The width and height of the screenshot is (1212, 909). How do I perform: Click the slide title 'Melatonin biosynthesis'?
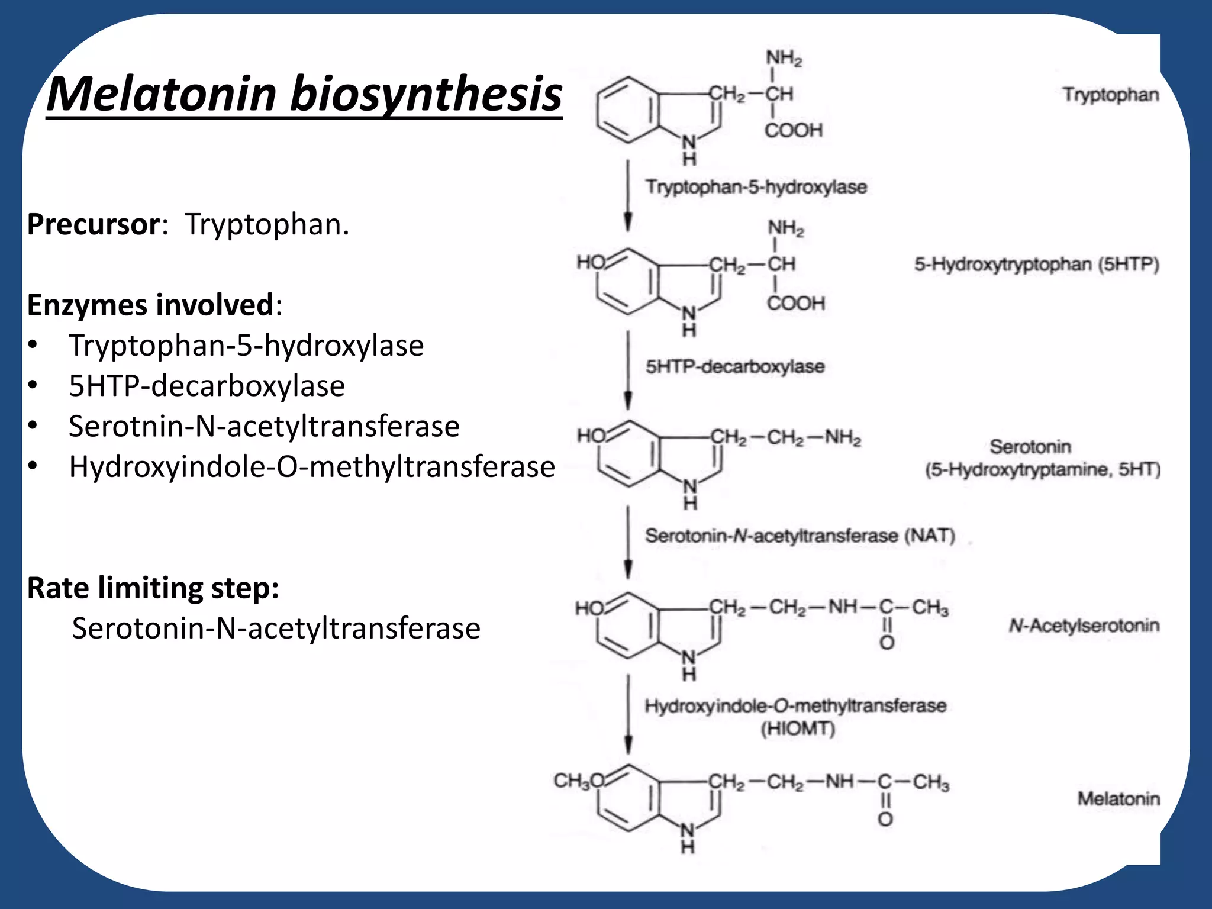pos(304,94)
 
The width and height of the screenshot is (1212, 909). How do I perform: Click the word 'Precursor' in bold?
pos(93,225)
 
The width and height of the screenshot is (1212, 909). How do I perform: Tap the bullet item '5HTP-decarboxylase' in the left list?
pos(207,386)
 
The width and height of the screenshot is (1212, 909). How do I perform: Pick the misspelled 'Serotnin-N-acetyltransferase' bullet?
pos(264,427)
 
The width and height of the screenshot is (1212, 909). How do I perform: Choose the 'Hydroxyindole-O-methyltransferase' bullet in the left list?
pos(312,467)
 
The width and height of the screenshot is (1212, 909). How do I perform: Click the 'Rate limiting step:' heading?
pos(153,588)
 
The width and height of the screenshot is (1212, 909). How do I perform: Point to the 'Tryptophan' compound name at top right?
pos(1110,95)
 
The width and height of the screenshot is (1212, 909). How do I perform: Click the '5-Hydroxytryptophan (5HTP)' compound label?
pos(1036,265)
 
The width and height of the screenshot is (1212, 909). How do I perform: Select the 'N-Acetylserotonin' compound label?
pos(1084,626)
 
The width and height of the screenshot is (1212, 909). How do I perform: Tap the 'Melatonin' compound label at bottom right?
pos(1118,799)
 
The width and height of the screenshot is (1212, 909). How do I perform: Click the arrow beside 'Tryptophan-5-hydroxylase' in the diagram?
pos(628,195)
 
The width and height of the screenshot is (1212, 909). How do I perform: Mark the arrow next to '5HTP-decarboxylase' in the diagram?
pos(628,370)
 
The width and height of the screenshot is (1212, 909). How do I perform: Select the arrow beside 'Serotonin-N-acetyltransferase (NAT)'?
pos(628,541)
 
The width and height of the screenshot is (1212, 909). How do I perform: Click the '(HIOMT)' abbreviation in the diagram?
pos(798,729)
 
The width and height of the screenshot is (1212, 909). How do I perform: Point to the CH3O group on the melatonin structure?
pos(578,781)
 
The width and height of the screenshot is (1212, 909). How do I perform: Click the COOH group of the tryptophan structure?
pos(794,130)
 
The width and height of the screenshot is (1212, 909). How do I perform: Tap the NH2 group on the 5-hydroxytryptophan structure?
pos(786,228)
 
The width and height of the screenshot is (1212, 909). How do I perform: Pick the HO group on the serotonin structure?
pos(591,437)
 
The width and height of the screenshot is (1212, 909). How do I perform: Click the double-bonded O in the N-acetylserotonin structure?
pos(887,643)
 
